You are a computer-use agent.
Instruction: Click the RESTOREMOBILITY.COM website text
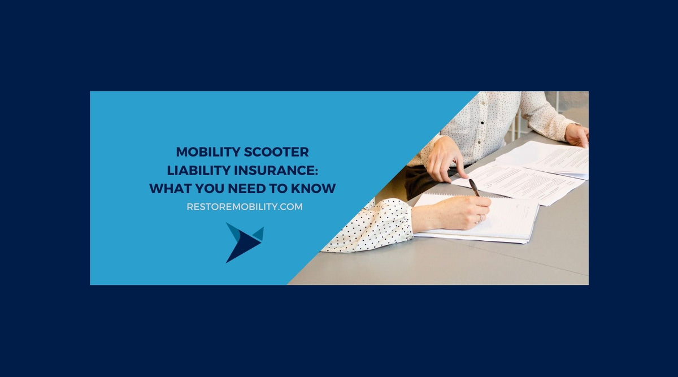[x=245, y=207]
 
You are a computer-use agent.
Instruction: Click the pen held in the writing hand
[x=473, y=187]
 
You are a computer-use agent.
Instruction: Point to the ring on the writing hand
[x=481, y=218]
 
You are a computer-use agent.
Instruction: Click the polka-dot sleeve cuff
[x=373, y=226]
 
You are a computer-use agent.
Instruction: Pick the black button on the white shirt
[x=482, y=122]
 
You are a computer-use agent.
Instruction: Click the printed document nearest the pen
[x=520, y=181]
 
